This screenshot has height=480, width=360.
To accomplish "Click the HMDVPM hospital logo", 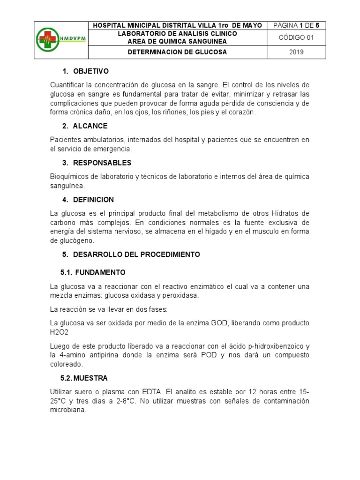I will tap(61, 40).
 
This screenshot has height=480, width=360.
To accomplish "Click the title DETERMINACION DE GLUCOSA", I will tap(177, 52).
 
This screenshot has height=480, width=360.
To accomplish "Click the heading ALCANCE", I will tap(90, 126).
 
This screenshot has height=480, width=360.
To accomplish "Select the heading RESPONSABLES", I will tap(102, 163).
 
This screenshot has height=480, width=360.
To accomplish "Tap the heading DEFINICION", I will tap(93, 200).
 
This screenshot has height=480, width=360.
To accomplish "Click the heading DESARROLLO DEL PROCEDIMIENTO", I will tap(136, 255).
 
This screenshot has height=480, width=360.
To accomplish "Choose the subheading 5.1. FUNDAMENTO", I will tap(93, 272).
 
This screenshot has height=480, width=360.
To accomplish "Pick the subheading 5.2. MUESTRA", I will tap(84, 378).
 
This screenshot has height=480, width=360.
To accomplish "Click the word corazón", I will tap(240, 112).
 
